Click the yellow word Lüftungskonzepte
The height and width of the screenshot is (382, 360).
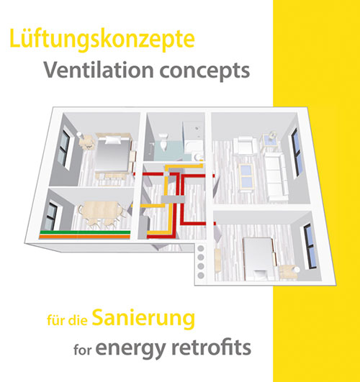coord(102,39)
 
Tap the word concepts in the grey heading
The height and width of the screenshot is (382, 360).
coord(204,71)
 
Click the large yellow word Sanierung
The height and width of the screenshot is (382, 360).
coord(143,319)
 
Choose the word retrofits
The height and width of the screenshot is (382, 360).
coord(211,347)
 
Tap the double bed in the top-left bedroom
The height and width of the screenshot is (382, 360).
coord(113,153)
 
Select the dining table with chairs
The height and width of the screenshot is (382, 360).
coord(102,214)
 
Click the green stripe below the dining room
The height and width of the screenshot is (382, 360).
coord(85,232)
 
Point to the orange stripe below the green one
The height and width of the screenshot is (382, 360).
coord(85,236)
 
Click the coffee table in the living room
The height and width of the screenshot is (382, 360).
coord(246,177)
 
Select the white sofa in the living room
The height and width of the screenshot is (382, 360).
coord(276,175)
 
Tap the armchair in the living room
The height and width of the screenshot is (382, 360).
coord(244,145)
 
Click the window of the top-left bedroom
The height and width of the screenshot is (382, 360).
coord(64,149)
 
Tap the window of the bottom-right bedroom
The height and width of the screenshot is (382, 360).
coord(310,246)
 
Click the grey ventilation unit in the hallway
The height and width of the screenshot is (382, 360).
coord(173,199)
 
